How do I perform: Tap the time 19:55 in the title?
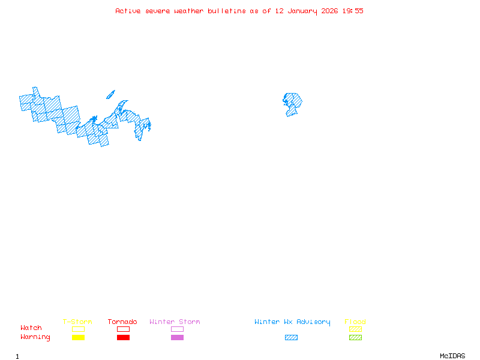(353, 11)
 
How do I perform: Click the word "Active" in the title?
(128, 11)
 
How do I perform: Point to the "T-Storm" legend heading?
(77, 322)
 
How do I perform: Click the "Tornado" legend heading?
(122, 322)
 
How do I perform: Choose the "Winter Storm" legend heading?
(175, 322)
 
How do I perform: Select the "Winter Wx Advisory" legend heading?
(292, 322)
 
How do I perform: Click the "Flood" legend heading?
(355, 322)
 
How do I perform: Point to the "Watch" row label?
(31, 328)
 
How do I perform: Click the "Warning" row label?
(35, 337)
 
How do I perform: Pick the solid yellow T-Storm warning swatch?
(78, 338)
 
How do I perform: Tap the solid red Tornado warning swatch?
(123, 338)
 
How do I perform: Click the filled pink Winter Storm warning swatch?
(177, 338)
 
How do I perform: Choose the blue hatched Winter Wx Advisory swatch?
(291, 338)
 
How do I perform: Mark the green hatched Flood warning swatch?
(355, 338)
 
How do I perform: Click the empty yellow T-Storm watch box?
(78, 329)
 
